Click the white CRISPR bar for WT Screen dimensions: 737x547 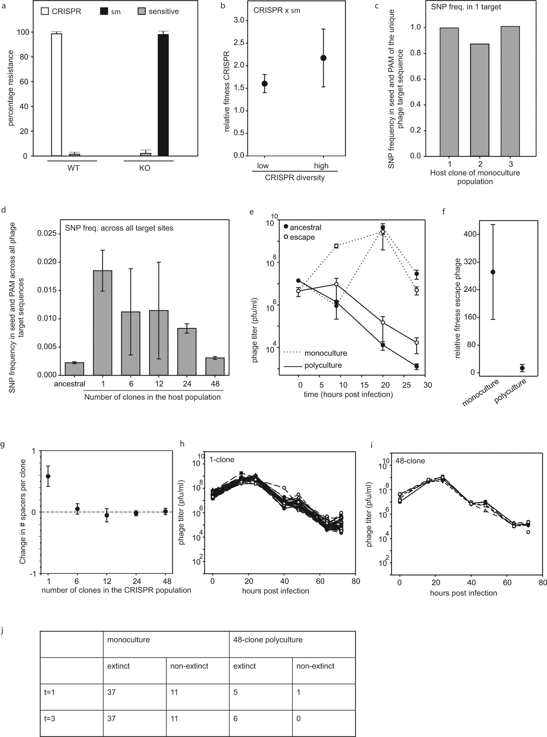57,94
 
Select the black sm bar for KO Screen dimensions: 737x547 163,95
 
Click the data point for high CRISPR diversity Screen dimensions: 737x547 324,58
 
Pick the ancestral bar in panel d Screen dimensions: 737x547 74,368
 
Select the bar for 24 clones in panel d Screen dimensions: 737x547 187,351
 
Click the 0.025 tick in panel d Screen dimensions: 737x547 49,234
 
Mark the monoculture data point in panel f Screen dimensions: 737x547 493,272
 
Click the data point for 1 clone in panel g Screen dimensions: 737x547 48,476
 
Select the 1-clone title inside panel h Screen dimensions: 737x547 222,460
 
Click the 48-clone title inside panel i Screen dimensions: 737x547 410,461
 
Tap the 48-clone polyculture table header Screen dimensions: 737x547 268,640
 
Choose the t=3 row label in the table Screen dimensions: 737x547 50,719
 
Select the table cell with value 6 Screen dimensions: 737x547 235,719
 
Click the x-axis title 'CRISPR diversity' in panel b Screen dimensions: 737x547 295,177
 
